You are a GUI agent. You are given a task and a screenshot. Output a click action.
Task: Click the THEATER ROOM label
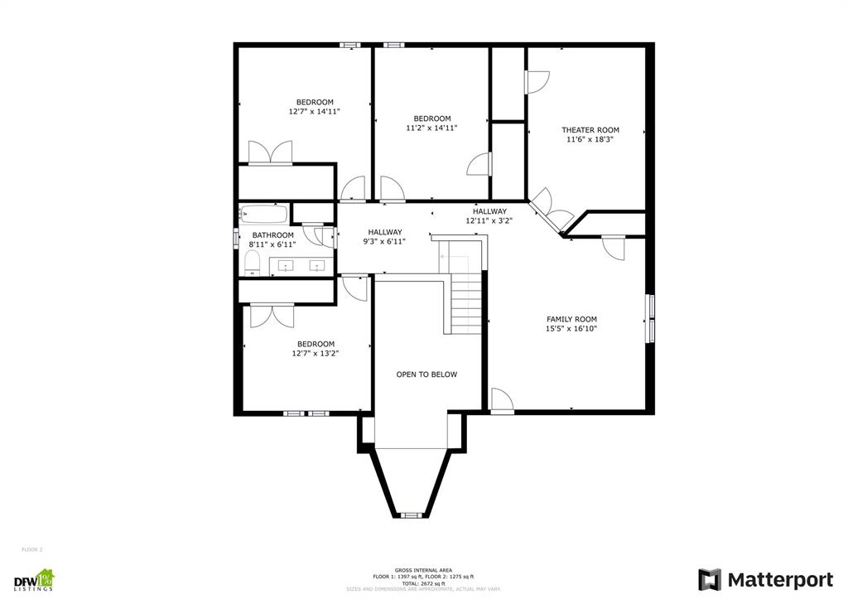[590, 130]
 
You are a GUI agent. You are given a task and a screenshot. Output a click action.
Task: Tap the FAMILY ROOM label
[571, 319]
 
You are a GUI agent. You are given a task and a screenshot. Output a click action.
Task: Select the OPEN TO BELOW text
[426, 374]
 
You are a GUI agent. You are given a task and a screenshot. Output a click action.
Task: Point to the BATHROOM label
[272, 235]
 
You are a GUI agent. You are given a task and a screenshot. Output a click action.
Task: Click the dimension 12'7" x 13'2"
[316, 353]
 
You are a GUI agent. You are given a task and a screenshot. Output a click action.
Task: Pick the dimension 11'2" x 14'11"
[431, 128]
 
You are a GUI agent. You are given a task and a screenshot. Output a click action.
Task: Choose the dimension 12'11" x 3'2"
[489, 221]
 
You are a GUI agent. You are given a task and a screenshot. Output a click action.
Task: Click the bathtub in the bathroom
[263, 215]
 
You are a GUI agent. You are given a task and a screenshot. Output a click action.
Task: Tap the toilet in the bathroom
[253, 263]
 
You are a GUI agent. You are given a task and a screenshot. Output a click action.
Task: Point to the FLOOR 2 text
[31, 549]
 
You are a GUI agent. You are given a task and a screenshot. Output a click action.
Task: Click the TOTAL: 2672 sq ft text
[423, 582]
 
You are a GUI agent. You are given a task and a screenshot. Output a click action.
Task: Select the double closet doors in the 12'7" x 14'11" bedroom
[270, 153]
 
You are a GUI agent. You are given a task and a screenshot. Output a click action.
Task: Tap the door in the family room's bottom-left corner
[501, 400]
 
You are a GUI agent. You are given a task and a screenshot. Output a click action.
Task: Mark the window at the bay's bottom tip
[409, 515]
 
